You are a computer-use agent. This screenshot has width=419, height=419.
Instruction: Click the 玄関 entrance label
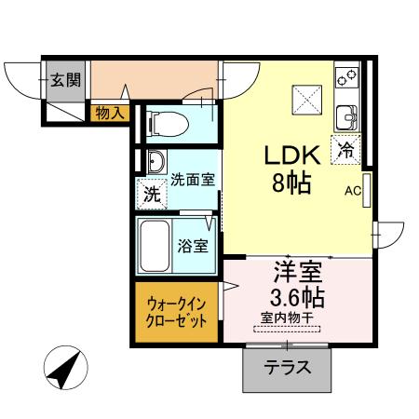tap(63, 79)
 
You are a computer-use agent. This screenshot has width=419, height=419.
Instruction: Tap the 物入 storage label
tap(111, 112)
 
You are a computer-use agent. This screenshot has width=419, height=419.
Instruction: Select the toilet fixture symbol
tap(165, 121)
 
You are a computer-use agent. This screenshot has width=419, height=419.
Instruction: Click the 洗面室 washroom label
tap(193, 179)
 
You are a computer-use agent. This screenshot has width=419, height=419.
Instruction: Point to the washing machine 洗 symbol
tap(150, 195)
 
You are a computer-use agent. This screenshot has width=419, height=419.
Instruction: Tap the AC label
tap(352, 192)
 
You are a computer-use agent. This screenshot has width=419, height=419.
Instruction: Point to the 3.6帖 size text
tap(296, 299)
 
